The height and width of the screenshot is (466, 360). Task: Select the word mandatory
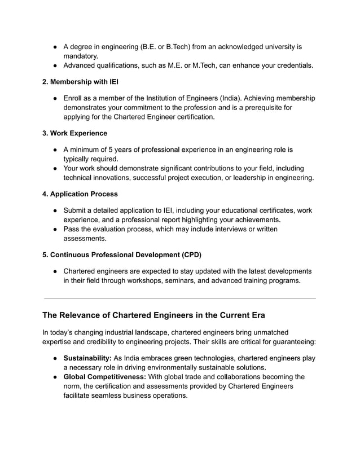click(x=81, y=56)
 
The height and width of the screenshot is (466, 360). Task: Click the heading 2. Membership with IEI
click(x=80, y=82)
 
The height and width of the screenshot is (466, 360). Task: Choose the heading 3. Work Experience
click(x=74, y=133)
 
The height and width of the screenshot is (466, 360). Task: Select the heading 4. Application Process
click(x=80, y=194)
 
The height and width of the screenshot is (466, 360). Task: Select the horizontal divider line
click(x=179, y=298)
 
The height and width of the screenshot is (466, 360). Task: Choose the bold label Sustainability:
click(x=87, y=358)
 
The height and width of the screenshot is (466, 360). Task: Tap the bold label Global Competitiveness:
click(x=104, y=377)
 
